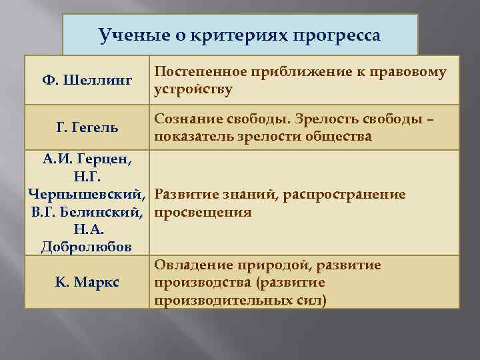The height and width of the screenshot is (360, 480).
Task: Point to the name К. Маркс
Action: [87, 282]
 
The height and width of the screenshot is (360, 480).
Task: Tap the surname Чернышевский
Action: [85, 195]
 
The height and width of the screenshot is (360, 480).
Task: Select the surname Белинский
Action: [104, 212]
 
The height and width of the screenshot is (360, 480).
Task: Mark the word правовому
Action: [407, 72]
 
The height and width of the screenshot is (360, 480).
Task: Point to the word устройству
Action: [193, 89]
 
